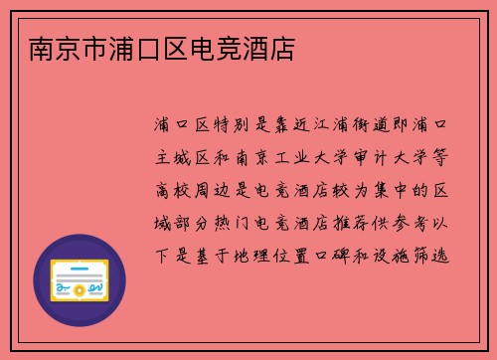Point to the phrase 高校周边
click(x=198, y=192)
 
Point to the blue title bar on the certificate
click(x=81, y=268)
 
